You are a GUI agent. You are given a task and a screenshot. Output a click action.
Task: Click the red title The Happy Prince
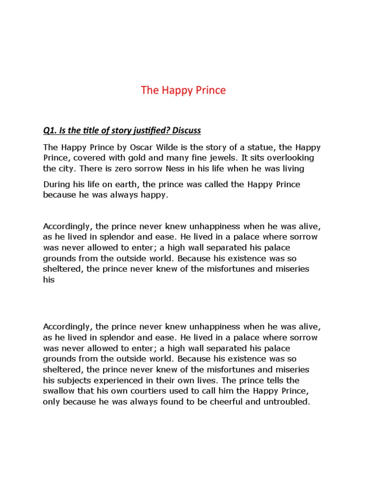pos(183,90)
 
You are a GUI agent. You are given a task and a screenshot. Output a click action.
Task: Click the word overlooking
pos(283,158)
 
